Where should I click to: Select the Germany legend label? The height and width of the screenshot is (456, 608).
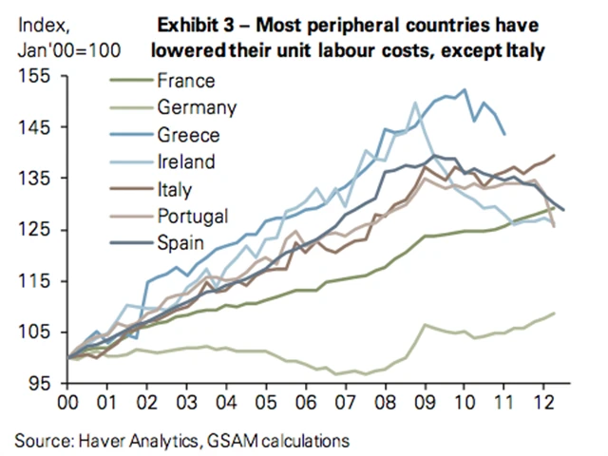tap(195, 108)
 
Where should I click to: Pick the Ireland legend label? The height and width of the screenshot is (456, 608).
tap(187, 161)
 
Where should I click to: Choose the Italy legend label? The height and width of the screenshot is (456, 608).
tap(176, 189)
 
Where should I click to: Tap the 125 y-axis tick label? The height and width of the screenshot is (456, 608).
tap(42, 229)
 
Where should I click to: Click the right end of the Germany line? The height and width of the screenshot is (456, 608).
tap(555, 313)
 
